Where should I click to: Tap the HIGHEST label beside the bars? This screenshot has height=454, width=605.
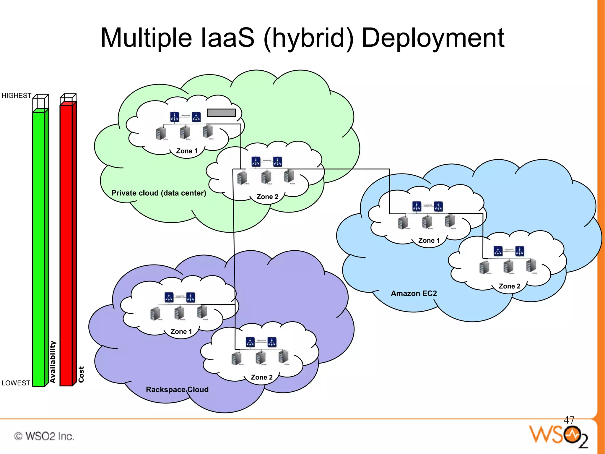[16, 96]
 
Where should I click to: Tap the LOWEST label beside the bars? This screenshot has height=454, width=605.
[16, 383]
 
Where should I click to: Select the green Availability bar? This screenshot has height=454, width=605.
[39, 248]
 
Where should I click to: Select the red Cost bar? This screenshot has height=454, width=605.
[66, 245]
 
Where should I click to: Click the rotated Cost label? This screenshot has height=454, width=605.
[81, 374]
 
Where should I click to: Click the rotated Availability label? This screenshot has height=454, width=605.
[53, 362]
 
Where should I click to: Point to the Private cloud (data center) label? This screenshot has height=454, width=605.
[159, 193]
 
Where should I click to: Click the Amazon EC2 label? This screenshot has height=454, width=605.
[414, 294]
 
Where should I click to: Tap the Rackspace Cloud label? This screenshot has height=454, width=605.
[177, 390]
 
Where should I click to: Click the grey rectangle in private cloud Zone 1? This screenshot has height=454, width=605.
[221, 113]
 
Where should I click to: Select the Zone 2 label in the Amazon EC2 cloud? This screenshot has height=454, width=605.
[509, 286]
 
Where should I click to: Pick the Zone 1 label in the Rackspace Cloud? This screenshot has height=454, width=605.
[181, 332]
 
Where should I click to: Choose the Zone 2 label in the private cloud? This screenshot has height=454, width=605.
[267, 197]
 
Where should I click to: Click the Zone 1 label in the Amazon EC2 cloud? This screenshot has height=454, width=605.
[429, 241]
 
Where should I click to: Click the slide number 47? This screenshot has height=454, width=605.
[569, 420]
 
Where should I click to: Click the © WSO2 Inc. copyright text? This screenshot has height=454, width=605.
[44, 436]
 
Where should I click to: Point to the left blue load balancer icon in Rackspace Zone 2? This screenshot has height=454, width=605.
[250, 342]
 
